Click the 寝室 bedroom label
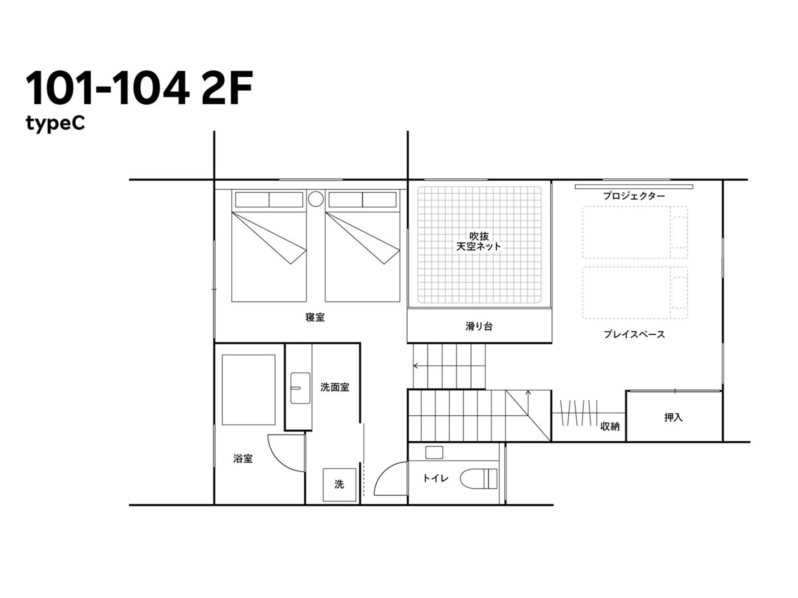pyautogui.click(x=314, y=317)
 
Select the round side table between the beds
pyautogui.click(x=316, y=199)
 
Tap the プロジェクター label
pyautogui.click(x=634, y=196)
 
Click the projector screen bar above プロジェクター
pyautogui.click(x=634, y=187)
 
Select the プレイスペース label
pyautogui.click(x=634, y=334)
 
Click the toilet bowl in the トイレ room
pyautogui.click(x=478, y=479)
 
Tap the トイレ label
pyautogui.click(x=436, y=478)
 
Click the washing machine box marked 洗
pyautogui.click(x=339, y=484)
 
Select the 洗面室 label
pyautogui.click(x=334, y=388)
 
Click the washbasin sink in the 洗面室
pyautogui.click(x=300, y=388)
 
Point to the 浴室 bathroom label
pyautogui.click(x=243, y=458)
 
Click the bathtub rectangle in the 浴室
pyautogui.click(x=248, y=390)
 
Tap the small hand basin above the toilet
pyautogui.click(x=434, y=452)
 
